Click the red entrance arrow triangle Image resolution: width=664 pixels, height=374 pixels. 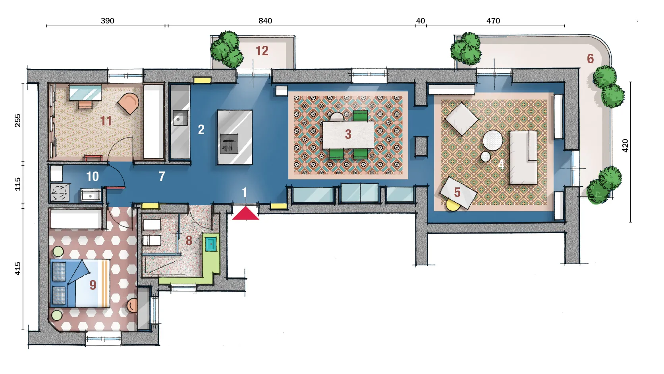(245, 214)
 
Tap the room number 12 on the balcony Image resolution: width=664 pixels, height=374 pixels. (262, 51)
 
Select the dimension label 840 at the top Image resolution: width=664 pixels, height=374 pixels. (265, 21)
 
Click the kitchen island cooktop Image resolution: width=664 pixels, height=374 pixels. (229, 144)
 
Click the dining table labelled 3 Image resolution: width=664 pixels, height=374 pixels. (348, 134)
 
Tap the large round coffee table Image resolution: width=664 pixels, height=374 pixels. (493, 140)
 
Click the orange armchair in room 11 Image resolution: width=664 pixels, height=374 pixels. (128, 103)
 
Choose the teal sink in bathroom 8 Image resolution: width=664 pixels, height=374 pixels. (211, 244)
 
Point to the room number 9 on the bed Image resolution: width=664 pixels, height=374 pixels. (93, 285)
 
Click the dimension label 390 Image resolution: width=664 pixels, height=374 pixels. (107, 21)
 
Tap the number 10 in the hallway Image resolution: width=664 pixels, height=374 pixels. (93, 176)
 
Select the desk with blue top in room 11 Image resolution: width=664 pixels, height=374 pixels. (85, 93)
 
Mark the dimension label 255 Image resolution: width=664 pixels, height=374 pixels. (18, 120)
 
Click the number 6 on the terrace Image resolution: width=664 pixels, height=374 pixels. (590, 59)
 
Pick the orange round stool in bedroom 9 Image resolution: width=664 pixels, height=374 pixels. (132, 306)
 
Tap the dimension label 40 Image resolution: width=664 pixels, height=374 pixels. (420, 21)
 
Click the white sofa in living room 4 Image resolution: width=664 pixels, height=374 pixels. (523, 158)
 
